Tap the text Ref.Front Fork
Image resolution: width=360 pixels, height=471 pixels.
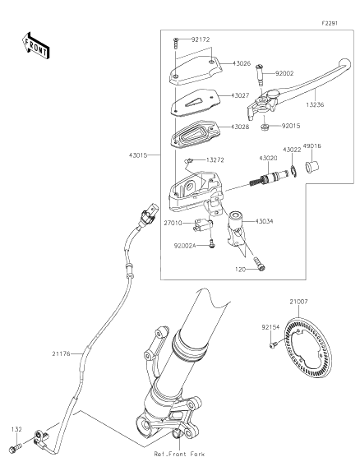coord(178,454)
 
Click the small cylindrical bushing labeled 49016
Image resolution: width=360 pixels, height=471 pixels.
coord(312,169)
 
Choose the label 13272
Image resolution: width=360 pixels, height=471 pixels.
coord(215,159)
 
